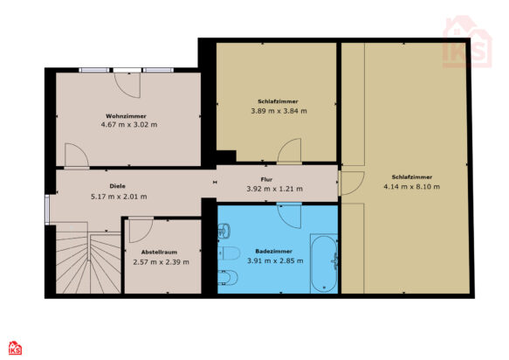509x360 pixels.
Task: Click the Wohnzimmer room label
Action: (x=126, y=116)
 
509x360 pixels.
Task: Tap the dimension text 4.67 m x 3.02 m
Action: (x=129, y=124)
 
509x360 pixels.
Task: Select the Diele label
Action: (x=117, y=186)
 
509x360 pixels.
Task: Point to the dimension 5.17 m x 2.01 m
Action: (x=119, y=197)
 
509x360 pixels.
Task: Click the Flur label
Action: (x=266, y=179)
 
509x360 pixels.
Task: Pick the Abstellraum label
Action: (x=159, y=253)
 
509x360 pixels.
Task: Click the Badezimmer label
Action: (x=273, y=251)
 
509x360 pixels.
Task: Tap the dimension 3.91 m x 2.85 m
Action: (x=275, y=260)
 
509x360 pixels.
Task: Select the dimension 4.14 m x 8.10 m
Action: (x=411, y=186)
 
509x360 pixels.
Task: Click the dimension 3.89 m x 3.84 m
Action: (x=279, y=111)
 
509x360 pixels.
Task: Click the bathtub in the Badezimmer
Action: (x=324, y=264)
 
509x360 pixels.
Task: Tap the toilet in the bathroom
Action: (x=229, y=253)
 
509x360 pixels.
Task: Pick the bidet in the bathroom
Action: (x=228, y=278)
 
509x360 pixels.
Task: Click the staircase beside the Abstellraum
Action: (x=88, y=259)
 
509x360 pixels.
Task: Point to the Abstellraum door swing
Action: (x=141, y=231)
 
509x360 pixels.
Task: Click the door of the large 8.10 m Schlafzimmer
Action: (x=351, y=183)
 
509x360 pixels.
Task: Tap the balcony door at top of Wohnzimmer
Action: (x=127, y=84)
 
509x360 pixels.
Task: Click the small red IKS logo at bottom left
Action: (x=15, y=348)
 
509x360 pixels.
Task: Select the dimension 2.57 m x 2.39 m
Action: (x=161, y=262)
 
